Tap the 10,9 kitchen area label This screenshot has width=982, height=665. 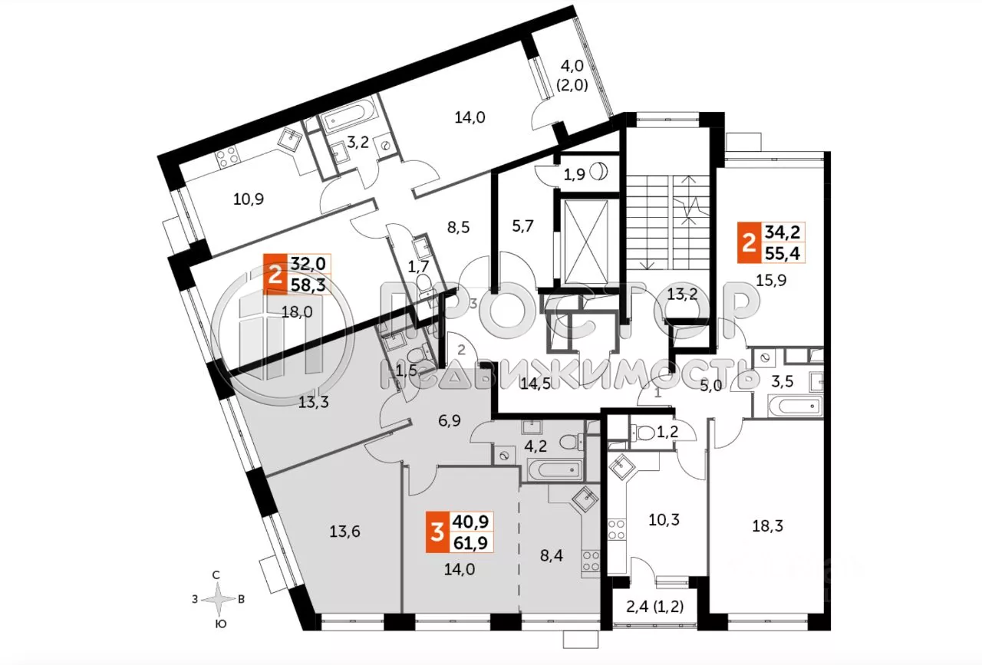tap(249, 199)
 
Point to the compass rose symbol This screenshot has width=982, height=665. tap(219, 599)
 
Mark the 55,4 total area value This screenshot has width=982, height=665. tap(783, 251)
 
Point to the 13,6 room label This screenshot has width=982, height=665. tap(344, 532)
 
